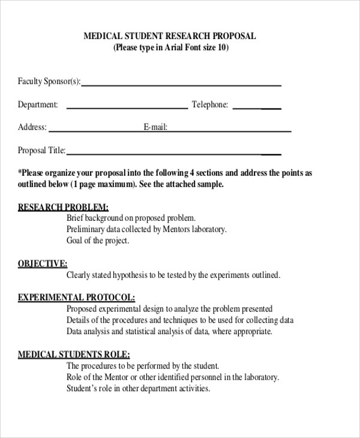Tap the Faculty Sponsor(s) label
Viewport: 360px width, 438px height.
click(49, 82)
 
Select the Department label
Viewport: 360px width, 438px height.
click(38, 104)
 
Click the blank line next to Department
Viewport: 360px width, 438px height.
click(127, 107)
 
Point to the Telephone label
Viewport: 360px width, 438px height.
click(210, 104)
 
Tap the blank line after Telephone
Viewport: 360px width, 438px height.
click(256, 107)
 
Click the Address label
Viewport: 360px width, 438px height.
click(32, 127)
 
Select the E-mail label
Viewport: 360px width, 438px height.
click(155, 127)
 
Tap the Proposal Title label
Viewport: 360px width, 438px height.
click(41, 151)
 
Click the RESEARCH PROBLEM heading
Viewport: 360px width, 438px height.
click(63, 206)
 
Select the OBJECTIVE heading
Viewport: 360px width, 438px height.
click(43, 263)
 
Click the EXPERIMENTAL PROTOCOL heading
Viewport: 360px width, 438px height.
click(76, 297)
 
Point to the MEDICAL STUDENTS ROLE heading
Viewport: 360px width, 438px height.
click(74, 354)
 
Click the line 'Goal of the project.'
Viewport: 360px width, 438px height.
click(98, 241)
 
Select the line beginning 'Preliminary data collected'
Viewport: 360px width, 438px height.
click(146, 229)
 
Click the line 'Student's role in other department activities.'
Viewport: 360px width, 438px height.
click(138, 388)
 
